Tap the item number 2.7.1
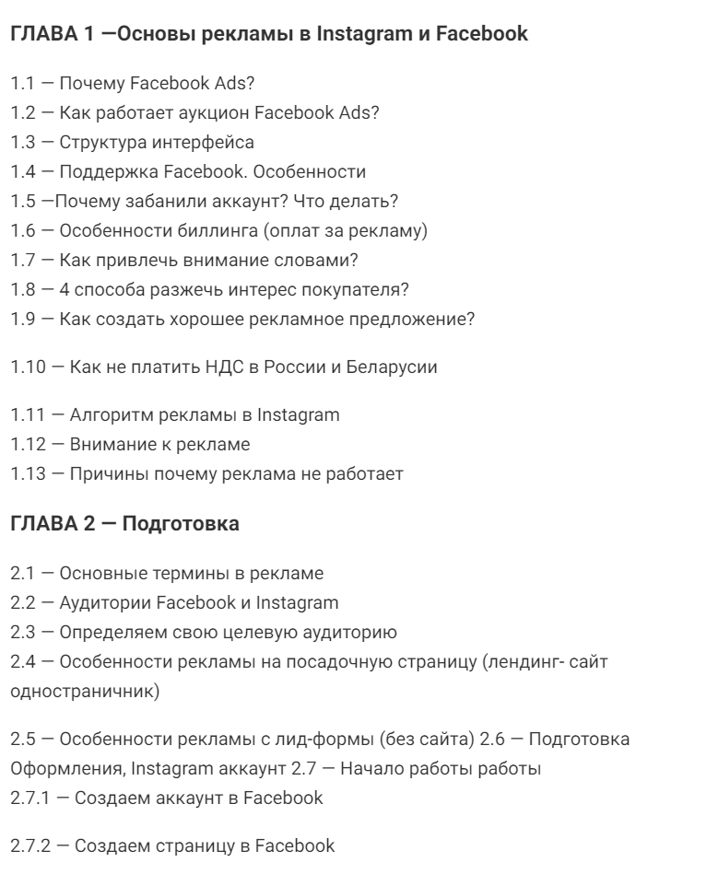tap(31, 798)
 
